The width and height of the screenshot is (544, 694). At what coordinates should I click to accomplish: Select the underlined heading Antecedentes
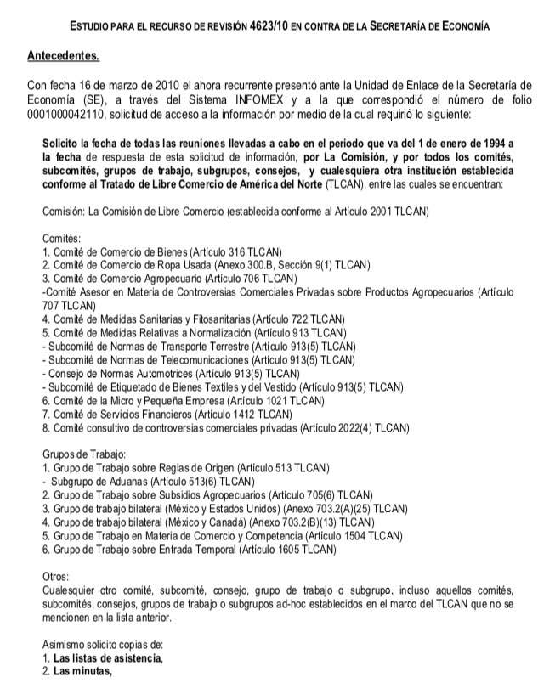[x=63, y=57]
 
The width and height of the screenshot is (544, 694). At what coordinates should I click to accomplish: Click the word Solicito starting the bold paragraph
[x=64, y=144]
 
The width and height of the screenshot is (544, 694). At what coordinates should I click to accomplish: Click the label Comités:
[x=61, y=239]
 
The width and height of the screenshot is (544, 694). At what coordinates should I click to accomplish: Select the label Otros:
[x=56, y=576]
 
